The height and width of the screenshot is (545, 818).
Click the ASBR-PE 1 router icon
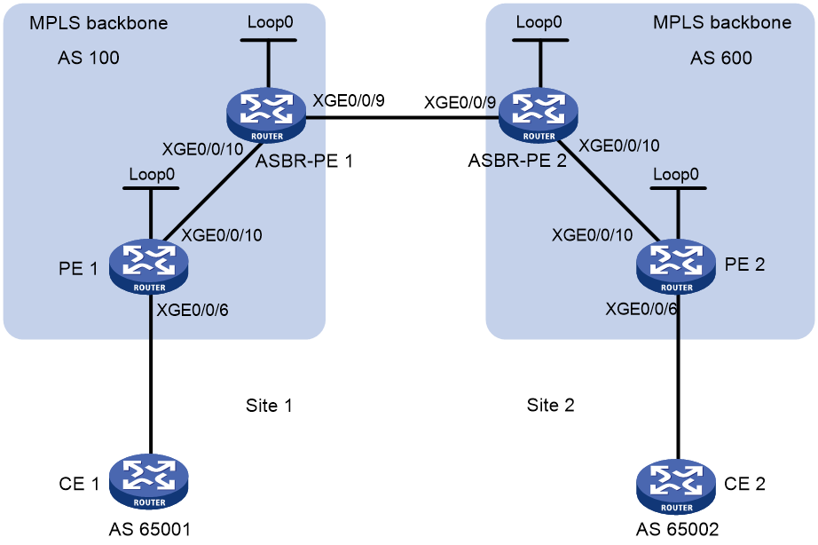tap(266, 115)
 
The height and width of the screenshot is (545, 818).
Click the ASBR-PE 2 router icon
tap(539, 115)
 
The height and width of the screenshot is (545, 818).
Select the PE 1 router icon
tap(149, 266)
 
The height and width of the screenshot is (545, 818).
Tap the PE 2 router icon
tap(676, 266)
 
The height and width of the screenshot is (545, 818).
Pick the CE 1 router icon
tap(149, 481)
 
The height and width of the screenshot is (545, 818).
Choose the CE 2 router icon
tap(676, 486)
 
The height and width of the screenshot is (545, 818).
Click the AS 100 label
tap(89, 58)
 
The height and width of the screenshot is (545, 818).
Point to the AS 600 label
tap(721, 58)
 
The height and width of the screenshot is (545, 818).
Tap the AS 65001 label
tap(150, 529)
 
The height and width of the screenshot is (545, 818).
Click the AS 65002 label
tap(677, 529)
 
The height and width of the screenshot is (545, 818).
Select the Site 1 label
tap(269, 405)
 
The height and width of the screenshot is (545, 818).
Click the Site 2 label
tap(550, 405)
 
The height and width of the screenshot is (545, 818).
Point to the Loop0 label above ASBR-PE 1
tap(271, 22)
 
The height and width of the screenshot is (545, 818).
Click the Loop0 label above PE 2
tap(675, 174)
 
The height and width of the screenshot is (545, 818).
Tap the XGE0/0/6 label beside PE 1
tap(193, 310)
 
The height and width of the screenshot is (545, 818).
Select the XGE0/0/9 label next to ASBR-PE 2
tap(460, 102)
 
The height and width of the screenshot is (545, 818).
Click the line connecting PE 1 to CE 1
tap(151, 374)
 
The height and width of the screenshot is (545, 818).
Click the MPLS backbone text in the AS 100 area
tap(98, 23)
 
